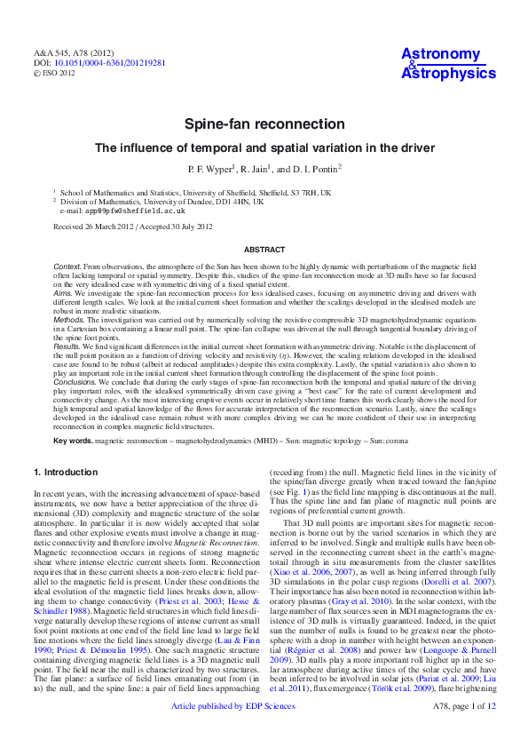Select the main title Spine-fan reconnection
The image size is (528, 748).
[264, 124]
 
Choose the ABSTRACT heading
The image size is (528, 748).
[264, 251]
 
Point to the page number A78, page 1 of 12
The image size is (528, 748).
[463, 733]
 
